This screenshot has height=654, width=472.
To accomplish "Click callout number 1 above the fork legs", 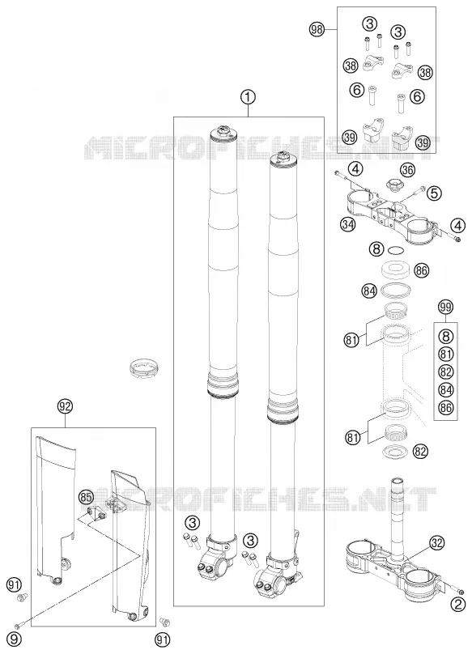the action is click(x=248, y=97).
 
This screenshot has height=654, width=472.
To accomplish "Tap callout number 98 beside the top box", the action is click(x=317, y=29).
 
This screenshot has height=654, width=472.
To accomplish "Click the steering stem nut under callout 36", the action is click(x=393, y=184).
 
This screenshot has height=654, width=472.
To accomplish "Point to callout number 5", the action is click(x=434, y=193).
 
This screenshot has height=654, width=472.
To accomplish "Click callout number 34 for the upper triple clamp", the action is click(x=347, y=224).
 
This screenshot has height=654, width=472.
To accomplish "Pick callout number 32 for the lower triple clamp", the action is click(x=437, y=542).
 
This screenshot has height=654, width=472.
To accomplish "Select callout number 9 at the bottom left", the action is click(x=15, y=639).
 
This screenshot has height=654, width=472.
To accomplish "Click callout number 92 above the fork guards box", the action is click(x=65, y=406).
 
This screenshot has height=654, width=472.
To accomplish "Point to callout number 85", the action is click(x=86, y=497).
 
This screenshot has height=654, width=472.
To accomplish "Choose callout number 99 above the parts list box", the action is click(x=445, y=308).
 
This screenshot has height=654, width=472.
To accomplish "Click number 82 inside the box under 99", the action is click(x=446, y=372).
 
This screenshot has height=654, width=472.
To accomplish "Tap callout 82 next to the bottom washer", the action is click(x=421, y=451).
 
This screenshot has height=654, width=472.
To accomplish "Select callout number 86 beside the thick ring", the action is click(x=422, y=270).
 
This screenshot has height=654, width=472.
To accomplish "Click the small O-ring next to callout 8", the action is click(x=396, y=251).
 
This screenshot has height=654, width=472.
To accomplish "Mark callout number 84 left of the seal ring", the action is click(x=369, y=291).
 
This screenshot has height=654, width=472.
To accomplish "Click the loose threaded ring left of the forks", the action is click(x=143, y=367).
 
